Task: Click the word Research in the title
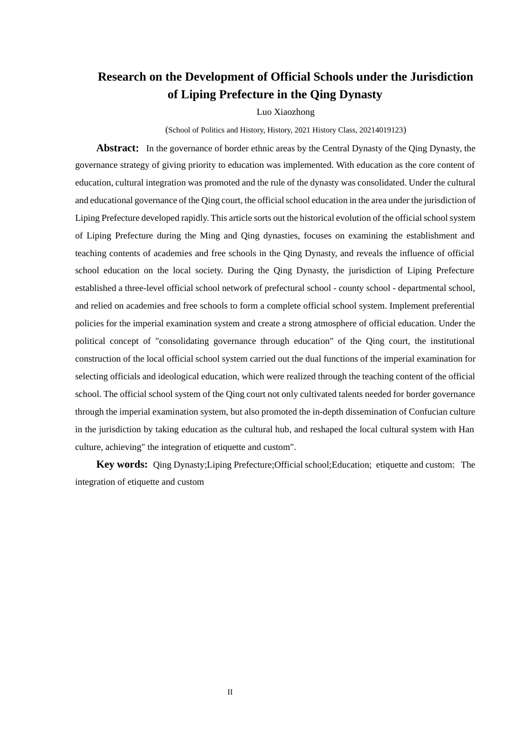(x=122, y=77)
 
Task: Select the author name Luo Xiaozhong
(x=285, y=112)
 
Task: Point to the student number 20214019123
(x=381, y=130)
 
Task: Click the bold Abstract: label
(x=118, y=148)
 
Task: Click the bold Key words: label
(x=122, y=464)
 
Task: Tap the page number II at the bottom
(x=230, y=692)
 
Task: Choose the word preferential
(x=452, y=306)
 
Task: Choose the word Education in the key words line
(x=350, y=465)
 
